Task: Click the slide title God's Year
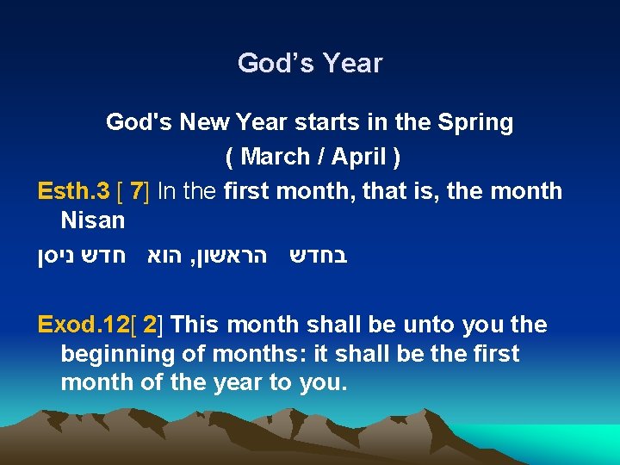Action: (x=309, y=63)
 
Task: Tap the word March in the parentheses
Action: (x=275, y=157)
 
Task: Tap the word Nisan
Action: (x=93, y=220)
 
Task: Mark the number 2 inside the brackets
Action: (x=152, y=325)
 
